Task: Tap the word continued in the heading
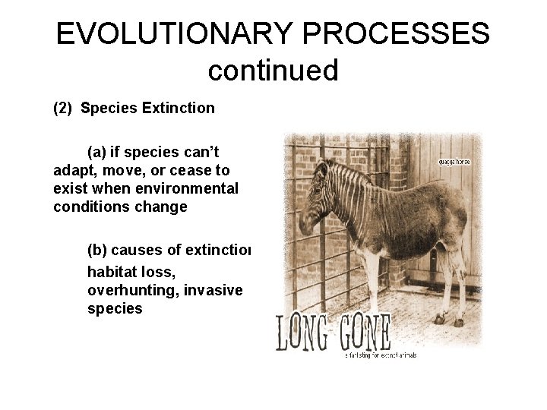click(x=273, y=71)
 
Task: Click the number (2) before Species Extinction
click(x=63, y=108)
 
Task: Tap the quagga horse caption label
click(x=455, y=162)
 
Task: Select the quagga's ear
click(x=325, y=167)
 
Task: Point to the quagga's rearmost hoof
click(x=460, y=322)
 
